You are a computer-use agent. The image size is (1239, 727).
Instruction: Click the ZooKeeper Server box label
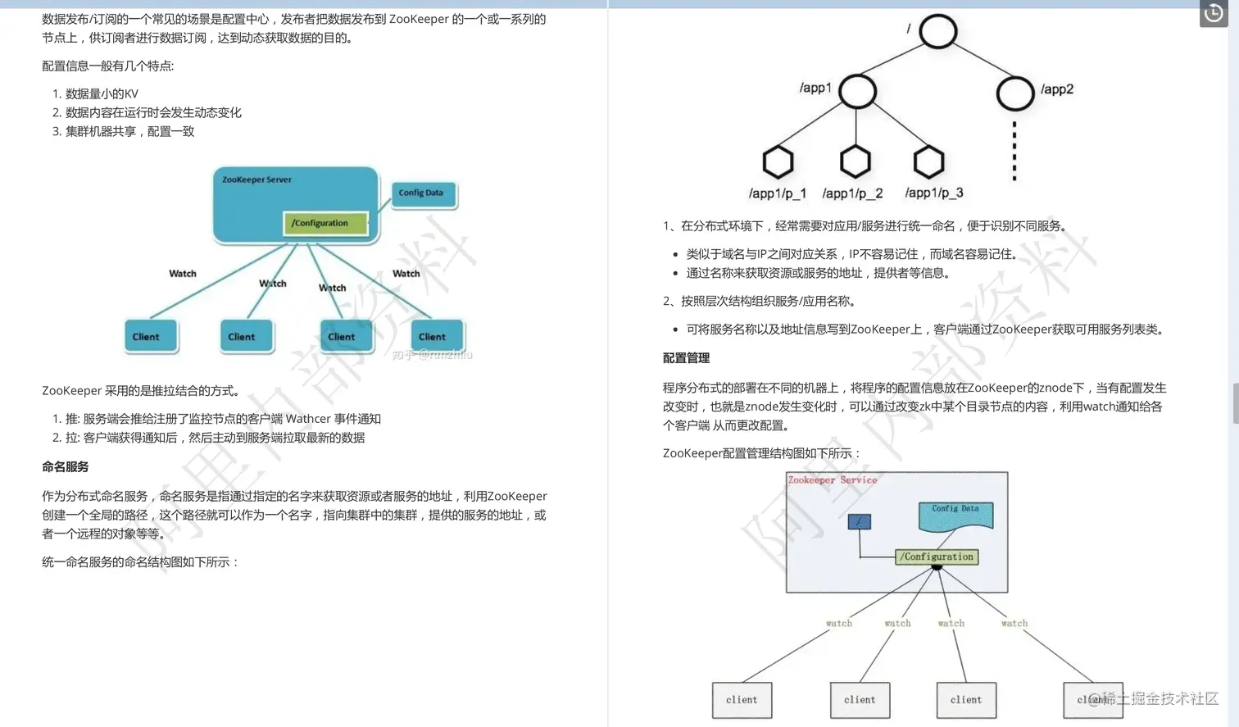click(256, 179)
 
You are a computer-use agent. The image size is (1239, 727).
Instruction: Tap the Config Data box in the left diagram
click(422, 193)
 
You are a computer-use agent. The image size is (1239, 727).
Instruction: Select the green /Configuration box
click(324, 223)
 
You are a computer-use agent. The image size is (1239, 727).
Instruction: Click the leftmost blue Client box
click(150, 336)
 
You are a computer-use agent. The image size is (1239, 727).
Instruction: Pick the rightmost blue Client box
click(436, 336)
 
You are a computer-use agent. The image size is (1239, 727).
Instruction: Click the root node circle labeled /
click(937, 32)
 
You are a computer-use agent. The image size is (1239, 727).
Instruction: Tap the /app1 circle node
click(857, 91)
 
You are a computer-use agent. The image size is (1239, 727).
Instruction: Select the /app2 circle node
click(1014, 93)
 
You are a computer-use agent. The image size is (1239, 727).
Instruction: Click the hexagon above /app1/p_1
click(778, 161)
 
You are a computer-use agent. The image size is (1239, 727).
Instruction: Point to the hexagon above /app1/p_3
click(928, 161)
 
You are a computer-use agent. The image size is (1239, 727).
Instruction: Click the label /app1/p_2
click(852, 193)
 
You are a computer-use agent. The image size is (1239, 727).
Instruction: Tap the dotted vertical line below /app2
click(1014, 151)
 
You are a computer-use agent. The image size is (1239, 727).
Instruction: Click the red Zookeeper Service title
click(832, 480)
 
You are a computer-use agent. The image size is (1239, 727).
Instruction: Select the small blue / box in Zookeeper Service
click(859, 521)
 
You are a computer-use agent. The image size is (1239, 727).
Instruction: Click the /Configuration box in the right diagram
click(937, 557)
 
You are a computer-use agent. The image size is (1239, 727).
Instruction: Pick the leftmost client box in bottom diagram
click(742, 700)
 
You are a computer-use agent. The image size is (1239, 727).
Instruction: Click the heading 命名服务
click(66, 467)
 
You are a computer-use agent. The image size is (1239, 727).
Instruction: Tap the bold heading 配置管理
click(686, 358)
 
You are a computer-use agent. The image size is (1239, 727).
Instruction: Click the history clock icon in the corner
click(1214, 13)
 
